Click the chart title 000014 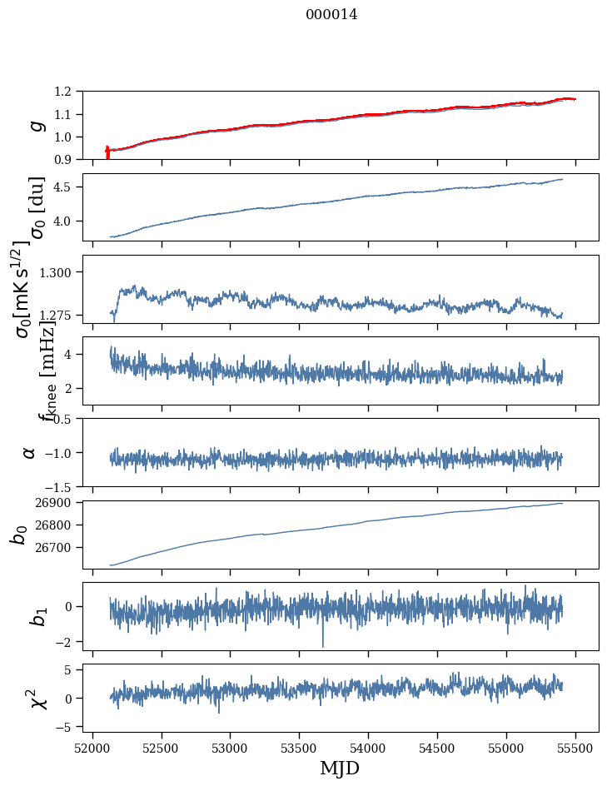pos(331,14)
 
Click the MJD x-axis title pos(340,768)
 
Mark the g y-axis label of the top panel pos(35,125)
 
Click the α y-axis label pos(29,452)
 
